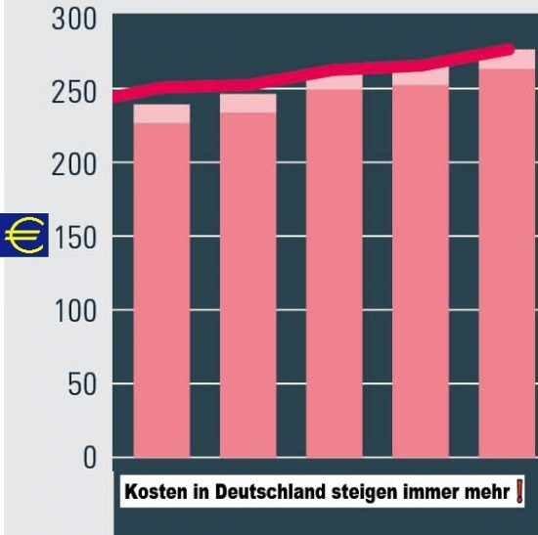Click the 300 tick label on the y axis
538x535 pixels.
click(x=74, y=20)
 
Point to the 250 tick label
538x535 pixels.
click(x=74, y=93)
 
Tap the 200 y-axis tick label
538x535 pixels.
click(x=74, y=165)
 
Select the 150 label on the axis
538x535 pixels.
click(x=75, y=239)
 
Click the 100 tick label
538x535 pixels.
click(x=75, y=311)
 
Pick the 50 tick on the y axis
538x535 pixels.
click(x=82, y=384)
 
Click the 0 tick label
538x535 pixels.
click(x=90, y=458)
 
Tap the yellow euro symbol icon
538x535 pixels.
click(x=24, y=235)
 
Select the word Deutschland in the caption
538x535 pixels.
click(x=270, y=491)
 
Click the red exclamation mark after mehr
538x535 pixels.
click(x=519, y=491)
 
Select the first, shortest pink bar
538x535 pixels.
click(x=161, y=281)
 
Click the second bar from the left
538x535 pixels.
click(x=248, y=276)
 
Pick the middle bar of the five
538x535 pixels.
click(x=335, y=266)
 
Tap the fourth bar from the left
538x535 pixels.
click(x=421, y=262)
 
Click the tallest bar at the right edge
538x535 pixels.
click(x=508, y=253)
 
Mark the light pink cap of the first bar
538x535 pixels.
click(x=161, y=113)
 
